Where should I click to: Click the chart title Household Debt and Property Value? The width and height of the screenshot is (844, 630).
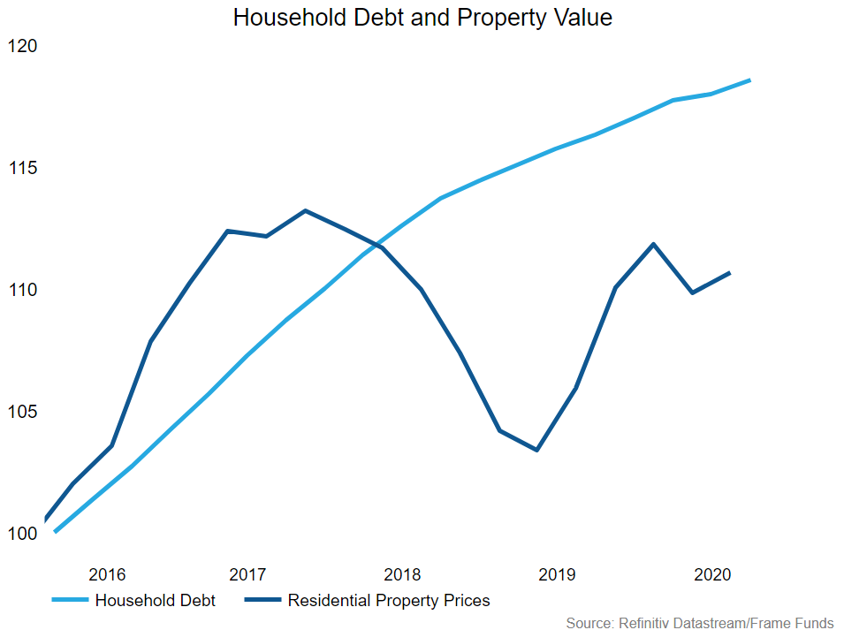[x=422, y=18]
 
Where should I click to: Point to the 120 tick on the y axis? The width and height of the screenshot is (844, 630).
[x=22, y=46]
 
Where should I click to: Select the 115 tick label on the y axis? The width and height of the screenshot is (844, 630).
[x=22, y=168]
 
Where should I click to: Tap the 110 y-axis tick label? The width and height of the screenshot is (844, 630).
[x=22, y=290]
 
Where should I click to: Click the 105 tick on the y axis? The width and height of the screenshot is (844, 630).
[x=22, y=412]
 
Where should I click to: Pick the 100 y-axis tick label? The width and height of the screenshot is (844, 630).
[x=22, y=534]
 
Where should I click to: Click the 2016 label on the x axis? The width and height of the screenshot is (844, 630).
[x=108, y=574]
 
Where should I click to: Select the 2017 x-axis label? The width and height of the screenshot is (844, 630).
[x=248, y=574]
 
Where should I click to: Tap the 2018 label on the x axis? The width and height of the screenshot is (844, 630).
[x=402, y=574]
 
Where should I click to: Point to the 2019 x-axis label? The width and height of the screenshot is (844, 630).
[x=556, y=574]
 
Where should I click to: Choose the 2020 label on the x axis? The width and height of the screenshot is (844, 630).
[x=711, y=574]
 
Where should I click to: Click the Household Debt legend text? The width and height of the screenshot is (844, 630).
[x=155, y=601]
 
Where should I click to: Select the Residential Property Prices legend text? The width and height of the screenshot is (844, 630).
[x=389, y=601]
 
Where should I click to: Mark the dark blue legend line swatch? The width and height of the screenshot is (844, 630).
[x=261, y=601]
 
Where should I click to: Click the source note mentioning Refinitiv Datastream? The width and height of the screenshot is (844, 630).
[x=699, y=623]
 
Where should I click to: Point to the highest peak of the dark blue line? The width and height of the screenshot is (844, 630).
[x=305, y=210]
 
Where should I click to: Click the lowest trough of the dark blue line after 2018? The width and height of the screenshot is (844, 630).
[x=536, y=450]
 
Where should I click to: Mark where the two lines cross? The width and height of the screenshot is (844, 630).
[x=375, y=244]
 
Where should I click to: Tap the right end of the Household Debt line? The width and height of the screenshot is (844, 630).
[x=749, y=80]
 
